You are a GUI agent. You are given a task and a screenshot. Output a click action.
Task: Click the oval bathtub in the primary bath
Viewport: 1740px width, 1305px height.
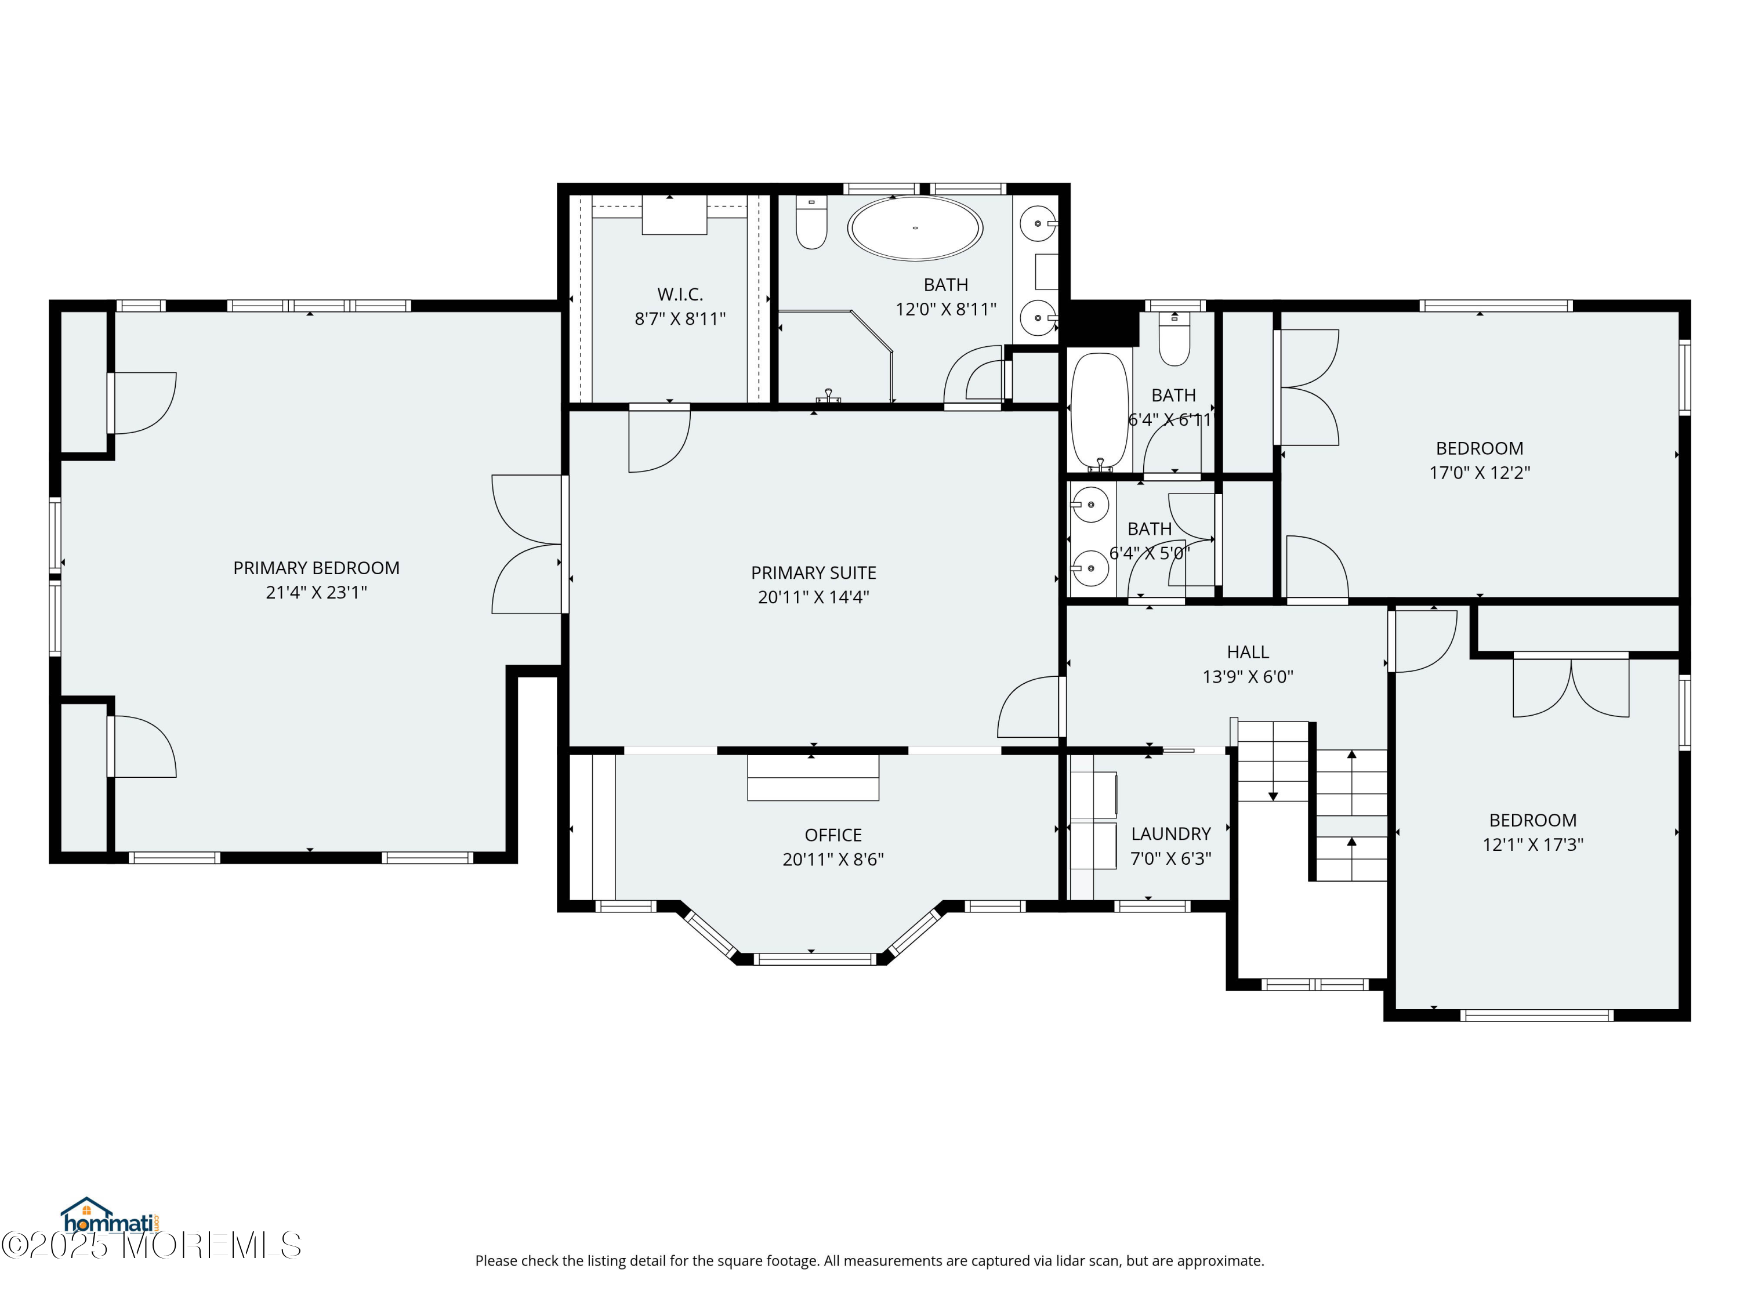click(x=914, y=228)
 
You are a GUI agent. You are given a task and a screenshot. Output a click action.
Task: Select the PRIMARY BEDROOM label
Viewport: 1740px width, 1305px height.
click(x=316, y=568)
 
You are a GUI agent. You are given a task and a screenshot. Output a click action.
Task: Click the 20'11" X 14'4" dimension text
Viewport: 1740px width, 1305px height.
click(x=813, y=597)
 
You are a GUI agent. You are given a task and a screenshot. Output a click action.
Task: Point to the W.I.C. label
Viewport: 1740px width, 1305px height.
click(x=680, y=294)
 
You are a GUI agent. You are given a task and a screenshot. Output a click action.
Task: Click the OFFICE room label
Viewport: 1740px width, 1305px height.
click(x=833, y=835)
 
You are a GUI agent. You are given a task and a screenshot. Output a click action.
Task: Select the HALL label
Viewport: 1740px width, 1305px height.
click(x=1248, y=652)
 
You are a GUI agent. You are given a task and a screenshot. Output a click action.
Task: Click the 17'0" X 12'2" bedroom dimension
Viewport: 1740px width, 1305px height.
click(x=1479, y=473)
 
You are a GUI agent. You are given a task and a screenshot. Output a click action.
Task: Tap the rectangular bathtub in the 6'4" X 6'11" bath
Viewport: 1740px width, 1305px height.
click(x=1099, y=411)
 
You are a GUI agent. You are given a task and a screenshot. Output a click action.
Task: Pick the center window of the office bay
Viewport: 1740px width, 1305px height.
click(x=814, y=959)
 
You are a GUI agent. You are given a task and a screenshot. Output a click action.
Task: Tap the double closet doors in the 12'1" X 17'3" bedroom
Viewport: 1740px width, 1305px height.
click(x=1571, y=686)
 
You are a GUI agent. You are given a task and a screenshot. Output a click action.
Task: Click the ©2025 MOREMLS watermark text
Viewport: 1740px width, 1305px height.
click(x=151, y=1245)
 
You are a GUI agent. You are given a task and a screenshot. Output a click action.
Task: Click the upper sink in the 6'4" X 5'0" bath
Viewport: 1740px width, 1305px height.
click(x=1090, y=504)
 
